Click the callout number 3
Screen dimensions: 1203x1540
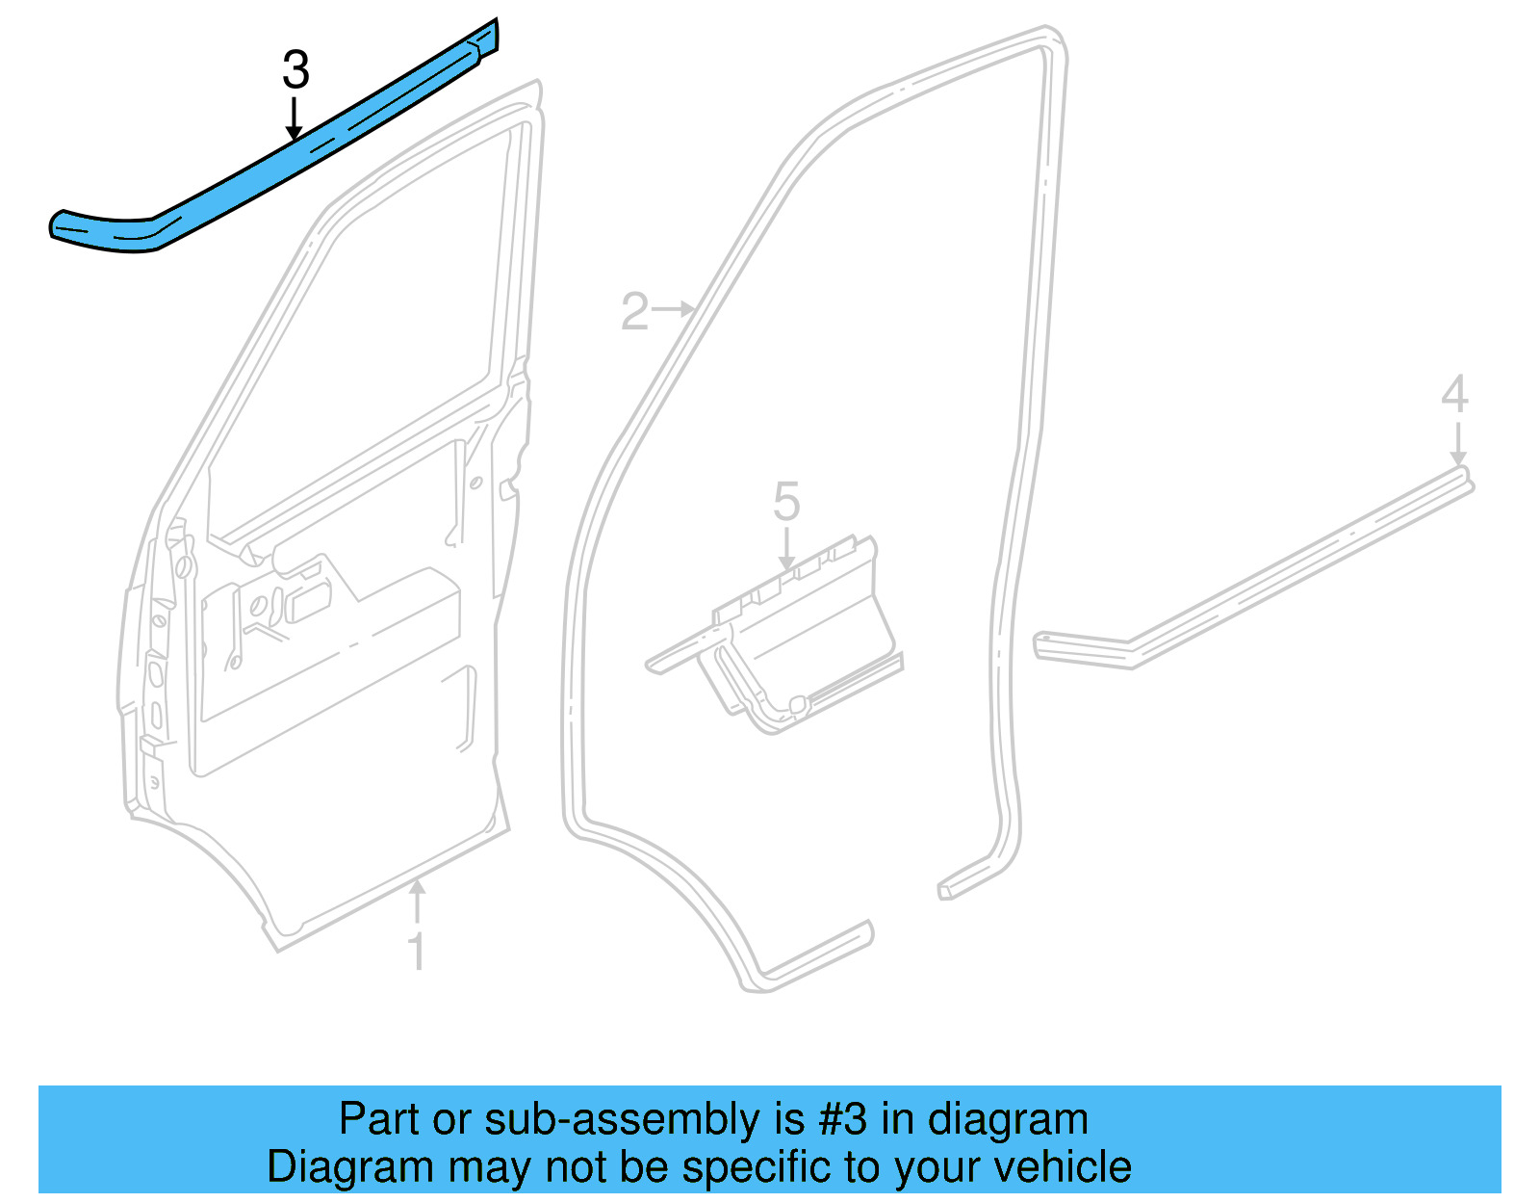(295, 70)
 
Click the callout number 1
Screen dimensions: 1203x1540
(416, 952)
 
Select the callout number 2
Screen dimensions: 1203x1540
(634, 312)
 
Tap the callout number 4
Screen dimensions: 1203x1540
(1454, 395)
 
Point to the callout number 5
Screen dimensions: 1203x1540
(786, 503)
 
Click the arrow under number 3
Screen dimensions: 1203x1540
(295, 119)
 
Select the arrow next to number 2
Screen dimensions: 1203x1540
(674, 309)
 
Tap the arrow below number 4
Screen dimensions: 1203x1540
(1457, 442)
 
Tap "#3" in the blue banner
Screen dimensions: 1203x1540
(843, 1119)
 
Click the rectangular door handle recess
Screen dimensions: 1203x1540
(307, 601)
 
